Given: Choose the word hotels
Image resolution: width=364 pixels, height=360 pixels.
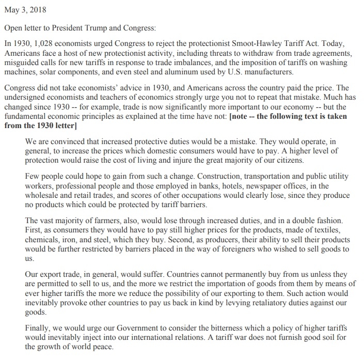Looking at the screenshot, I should pyautogui.click(x=212, y=186).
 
